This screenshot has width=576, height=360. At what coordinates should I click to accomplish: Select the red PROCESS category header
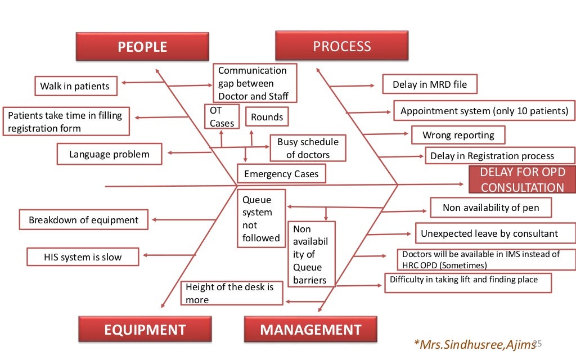coord(341,46)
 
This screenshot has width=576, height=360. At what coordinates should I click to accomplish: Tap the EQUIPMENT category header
coord(145,329)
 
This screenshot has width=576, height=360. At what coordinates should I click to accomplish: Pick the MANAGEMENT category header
coord(310,329)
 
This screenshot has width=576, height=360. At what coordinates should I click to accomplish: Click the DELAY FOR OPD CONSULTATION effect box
coord(522,180)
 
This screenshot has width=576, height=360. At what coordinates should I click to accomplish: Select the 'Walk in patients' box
coord(75,87)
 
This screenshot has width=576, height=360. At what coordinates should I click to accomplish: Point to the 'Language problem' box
coord(109,154)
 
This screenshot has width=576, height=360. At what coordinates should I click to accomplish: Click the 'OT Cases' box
coord(222,116)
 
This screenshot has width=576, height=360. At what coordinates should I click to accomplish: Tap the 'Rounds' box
coord(267,117)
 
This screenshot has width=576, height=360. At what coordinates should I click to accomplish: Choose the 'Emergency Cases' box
coord(281,174)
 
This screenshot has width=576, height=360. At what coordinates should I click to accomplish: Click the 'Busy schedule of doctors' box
coord(308,148)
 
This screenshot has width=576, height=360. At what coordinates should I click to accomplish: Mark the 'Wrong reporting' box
coord(458,135)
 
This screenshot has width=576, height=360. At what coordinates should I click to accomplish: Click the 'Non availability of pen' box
coord(490,208)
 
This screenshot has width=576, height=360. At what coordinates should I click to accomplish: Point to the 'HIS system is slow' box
coord(83,257)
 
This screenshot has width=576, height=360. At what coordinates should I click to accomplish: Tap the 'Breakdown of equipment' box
coord(83,220)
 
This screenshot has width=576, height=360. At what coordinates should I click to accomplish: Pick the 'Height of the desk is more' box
coord(232,293)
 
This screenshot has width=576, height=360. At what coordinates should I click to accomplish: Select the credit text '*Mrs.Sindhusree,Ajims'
coord(472,344)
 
